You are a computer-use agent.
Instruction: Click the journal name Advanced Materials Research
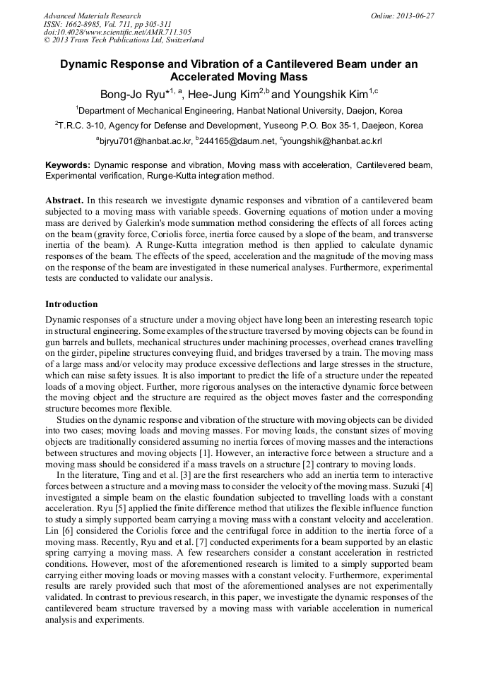tap(92, 16)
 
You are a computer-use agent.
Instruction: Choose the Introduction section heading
tap(71, 304)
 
